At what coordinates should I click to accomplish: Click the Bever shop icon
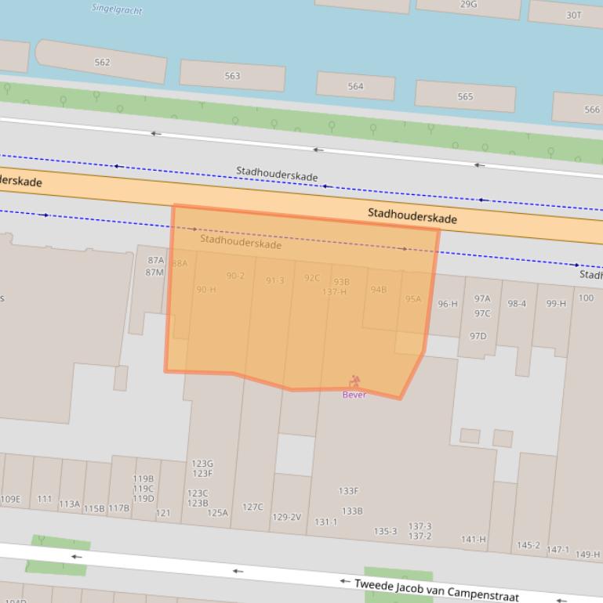(354, 381)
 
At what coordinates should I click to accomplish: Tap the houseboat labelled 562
(102, 62)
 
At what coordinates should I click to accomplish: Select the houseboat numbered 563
(232, 76)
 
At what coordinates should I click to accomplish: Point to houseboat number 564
(355, 86)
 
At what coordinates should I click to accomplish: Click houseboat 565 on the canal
(465, 97)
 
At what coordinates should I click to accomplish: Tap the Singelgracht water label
(117, 9)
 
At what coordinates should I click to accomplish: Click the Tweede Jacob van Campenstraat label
(436, 590)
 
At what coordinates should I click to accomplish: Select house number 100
(586, 298)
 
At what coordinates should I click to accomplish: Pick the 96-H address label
(448, 304)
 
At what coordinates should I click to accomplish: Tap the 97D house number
(478, 336)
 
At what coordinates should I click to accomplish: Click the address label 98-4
(517, 304)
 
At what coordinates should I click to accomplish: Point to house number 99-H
(556, 303)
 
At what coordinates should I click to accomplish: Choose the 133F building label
(349, 491)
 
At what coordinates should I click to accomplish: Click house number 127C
(252, 507)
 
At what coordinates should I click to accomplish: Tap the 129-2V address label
(286, 517)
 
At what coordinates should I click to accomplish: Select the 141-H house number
(474, 539)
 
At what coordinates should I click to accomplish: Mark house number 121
(163, 513)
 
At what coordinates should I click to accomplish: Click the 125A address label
(217, 513)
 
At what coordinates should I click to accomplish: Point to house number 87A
(156, 260)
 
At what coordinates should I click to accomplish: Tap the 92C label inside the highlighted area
(312, 278)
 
